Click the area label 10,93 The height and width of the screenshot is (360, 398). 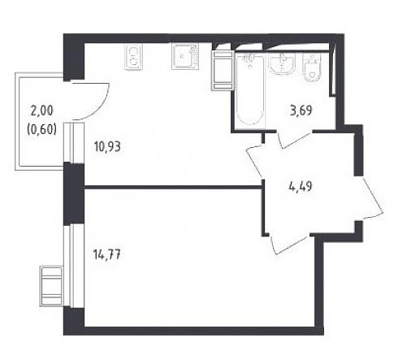[107, 147]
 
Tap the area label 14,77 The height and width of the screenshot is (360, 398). [106, 254]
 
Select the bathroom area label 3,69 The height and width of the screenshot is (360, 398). [301, 111]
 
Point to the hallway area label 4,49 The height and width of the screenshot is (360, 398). [301, 186]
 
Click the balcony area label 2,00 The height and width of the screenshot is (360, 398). [42, 111]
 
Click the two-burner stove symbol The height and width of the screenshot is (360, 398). [133, 58]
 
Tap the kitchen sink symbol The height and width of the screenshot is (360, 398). [186, 57]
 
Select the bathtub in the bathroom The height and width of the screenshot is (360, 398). [250, 89]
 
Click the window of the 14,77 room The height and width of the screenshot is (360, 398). [74, 266]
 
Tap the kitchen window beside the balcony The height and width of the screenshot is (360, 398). [74, 142]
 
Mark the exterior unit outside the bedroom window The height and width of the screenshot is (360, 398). [51, 286]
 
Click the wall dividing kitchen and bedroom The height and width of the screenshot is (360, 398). [173, 187]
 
